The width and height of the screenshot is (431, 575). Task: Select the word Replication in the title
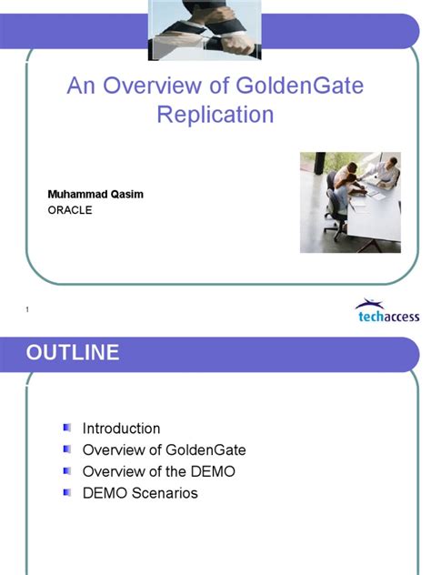[x=215, y=115]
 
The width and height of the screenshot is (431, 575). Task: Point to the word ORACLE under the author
[x=70, y=210]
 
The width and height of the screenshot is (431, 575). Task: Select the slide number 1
[x=27, y=311]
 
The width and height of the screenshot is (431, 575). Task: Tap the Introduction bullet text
[x=121, y=428]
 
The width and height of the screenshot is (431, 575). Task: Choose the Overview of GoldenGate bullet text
[x=164, y=449]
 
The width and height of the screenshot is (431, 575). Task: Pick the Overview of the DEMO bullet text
[x=158, y=471]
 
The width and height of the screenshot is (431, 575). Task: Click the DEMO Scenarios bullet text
[x=139, y=493]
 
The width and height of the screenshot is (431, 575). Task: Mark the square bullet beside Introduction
[x=66, y=428]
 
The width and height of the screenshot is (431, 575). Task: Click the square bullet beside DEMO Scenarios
[x=66, y=492]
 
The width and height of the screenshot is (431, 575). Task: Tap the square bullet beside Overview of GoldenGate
[x=66, y=449]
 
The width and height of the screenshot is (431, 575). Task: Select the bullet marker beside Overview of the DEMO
[x=66, y=470]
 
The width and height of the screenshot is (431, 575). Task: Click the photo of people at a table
[x=350, y=202]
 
